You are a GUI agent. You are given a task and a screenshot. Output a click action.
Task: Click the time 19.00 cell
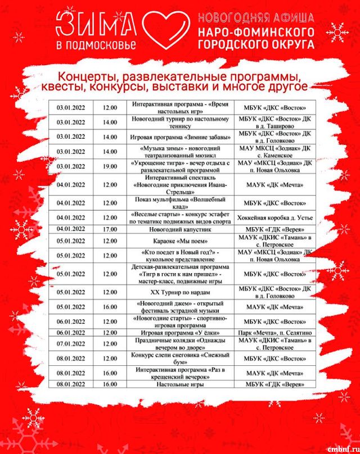point(110,166)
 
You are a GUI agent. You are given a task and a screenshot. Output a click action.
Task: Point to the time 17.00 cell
point(110,229)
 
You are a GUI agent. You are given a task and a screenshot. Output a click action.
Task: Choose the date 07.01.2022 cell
point(71,343)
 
